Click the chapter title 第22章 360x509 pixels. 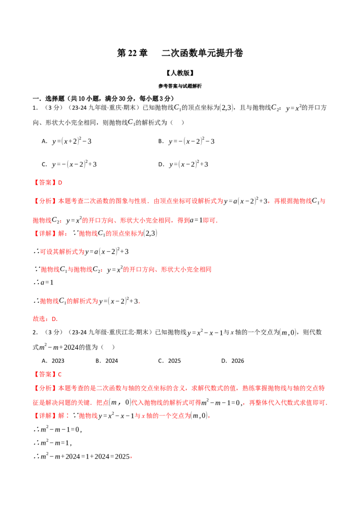coord(132,53)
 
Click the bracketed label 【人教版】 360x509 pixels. coord(180,73)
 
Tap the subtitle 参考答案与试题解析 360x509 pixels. coord(180,86)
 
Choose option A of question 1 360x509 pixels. coord(67,141)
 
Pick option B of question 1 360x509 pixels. coord(186,141)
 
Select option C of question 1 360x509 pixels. coord(69,164)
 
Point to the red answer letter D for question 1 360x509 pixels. coord(60,183)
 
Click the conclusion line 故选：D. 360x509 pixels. coord(45,319)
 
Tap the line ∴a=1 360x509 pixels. coord(43,282)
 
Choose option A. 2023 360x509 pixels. coord(53,361)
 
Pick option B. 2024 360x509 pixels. coord(107,361)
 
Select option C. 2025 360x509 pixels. coord(169,361)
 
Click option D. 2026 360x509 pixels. coord(233,361)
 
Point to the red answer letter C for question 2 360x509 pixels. coord(60,374)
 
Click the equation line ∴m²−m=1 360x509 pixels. coord(52,442)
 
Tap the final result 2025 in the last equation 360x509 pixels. coord(122,456)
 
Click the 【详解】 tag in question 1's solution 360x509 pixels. coord(45,233)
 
